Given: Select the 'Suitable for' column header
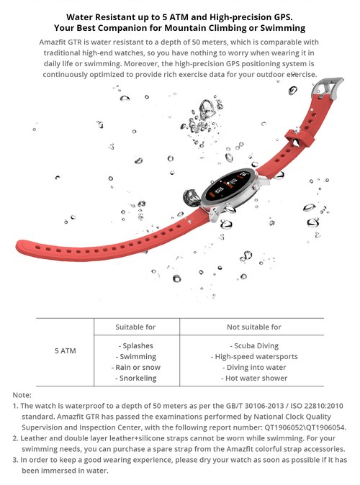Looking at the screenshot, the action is point(135,327).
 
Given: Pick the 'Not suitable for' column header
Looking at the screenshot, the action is point(254,327).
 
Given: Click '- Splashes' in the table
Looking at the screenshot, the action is point(135,345).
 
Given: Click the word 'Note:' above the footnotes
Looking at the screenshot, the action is point(22,395).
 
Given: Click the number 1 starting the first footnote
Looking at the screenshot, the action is point(15,406).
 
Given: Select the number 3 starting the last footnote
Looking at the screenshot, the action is point(15,459).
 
